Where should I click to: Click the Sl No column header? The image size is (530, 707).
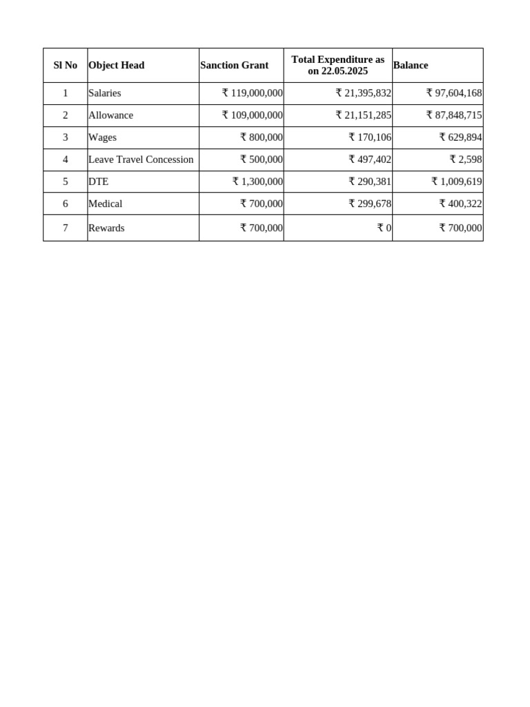[x=66, y=66]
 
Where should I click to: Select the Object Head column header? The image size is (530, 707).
[x=117, y=66]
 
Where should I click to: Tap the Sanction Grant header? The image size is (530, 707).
[x=235, y=66]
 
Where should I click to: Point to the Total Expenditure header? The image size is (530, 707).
[x=338, y=66]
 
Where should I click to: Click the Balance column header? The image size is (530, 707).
[x=411, y=66]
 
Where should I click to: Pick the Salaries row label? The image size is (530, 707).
[x=105, y=93]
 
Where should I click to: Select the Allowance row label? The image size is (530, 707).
[x=110, y=115]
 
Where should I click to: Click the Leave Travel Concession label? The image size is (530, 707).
[x=141, y=159]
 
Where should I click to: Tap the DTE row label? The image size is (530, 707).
[x=99, y=182]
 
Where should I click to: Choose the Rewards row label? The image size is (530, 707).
[x=106, y=228]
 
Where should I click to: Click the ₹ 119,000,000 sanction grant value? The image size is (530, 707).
[x=253, y=93]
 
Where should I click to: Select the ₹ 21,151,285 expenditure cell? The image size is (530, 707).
[x=364, y=115]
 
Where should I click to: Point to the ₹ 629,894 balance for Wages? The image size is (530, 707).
[x=461, y=137]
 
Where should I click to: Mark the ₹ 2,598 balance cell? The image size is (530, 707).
[x=466, y=159]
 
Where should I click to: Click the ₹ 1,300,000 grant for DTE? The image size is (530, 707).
[x=257, y=182]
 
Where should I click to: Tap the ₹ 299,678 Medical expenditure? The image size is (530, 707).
[x=370, y=204]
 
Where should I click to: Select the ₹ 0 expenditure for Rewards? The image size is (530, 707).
[x=385, y=228]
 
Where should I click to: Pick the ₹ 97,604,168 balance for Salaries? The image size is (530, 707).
[x=454, y=93]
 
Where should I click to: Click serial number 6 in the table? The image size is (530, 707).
[x=66, y=204]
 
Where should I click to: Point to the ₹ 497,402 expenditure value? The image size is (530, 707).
[x=370, y=159]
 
